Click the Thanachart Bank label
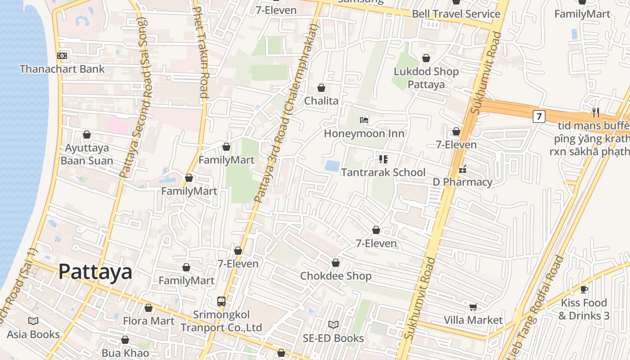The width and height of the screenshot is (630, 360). pos(62,69)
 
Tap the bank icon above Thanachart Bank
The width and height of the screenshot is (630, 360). pos(62,55)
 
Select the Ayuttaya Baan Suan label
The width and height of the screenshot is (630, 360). pos(86,154)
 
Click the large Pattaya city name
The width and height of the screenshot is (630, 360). pos(95,272)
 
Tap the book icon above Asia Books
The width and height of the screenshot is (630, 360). pos(33,321)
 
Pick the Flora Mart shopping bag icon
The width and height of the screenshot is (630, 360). pos(148,308)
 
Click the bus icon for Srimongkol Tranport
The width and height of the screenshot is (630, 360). pos(221,301)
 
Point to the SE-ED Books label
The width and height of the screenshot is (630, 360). pos(333,338)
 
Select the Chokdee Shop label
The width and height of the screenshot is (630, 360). pos(336,276)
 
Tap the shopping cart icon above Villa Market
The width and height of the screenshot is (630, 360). pos(473,307)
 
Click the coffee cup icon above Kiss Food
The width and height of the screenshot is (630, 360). pos(584,289)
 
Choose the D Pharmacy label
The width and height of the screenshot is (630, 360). pos(462,182)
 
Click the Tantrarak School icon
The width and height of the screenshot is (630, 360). pos(383,159)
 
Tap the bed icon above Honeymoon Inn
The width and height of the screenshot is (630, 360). pos(364,120)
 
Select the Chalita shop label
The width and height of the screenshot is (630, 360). pos(321,101)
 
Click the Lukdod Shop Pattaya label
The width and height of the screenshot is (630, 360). pos(426,78)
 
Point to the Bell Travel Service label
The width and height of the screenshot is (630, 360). pos(456,13)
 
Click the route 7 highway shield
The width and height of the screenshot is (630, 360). pos(539,117)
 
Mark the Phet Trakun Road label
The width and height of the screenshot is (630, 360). pos(201,52)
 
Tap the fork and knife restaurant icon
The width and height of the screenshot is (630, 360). pos(596,112)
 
